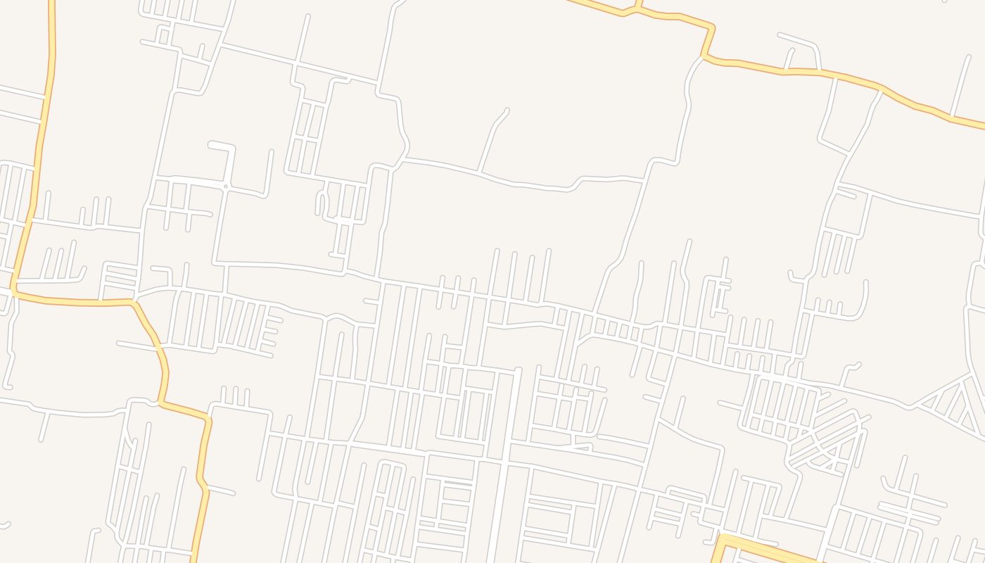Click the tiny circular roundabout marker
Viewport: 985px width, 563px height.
225,186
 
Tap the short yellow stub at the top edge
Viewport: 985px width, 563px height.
638,5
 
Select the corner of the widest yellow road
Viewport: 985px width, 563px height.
722,539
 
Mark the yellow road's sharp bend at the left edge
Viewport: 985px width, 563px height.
13,289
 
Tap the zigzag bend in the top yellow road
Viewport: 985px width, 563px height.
709,42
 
